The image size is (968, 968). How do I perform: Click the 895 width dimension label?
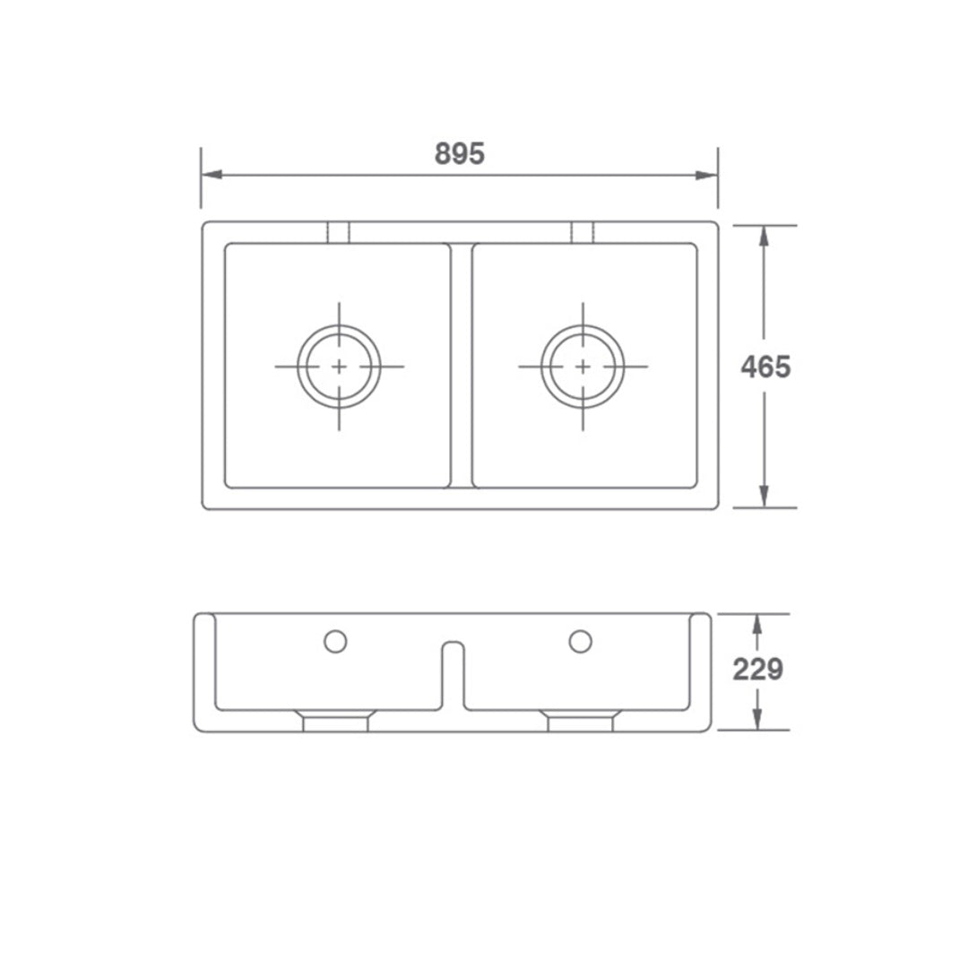[x=460, y=153]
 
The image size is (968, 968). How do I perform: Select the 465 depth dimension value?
[x=765, y=367]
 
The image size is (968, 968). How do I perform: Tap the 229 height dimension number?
[x=758, y=670]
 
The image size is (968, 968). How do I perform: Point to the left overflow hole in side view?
[x=335, y=640]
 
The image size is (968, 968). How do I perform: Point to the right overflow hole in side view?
[x=580, y=640]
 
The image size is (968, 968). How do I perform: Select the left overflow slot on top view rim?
[x=338, y=232]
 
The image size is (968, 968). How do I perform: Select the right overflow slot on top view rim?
[x=583, y=232]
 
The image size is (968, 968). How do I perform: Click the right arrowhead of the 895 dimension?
[x=709, y=175]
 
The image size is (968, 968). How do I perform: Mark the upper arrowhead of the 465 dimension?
[x=764, y=235]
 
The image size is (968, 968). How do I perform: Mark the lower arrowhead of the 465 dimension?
[x=764, y=497]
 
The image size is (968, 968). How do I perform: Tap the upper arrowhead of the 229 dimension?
[x=757, y=624]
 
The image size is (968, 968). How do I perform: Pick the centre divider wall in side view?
[x=454, y=677]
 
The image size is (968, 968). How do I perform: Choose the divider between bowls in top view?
[x=460, y=366]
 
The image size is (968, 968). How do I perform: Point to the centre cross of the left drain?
[x=340, y=367]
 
